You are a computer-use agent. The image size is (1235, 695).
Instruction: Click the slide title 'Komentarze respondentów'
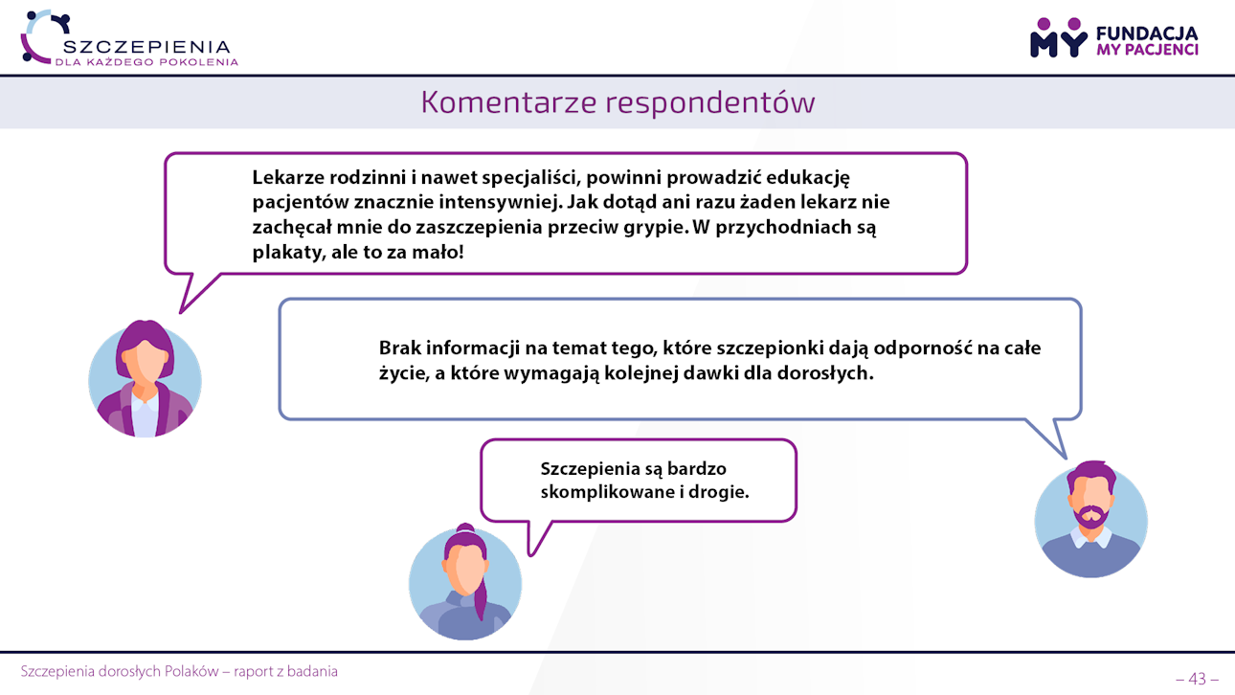coord(617,102)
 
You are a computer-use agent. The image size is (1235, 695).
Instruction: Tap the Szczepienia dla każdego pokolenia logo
coord(129,38)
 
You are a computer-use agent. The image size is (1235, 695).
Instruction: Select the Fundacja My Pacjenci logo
coord(1114,37)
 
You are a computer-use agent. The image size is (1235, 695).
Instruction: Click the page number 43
coord(1197,679)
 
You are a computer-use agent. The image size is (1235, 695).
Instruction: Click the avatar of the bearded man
coord(1091,519)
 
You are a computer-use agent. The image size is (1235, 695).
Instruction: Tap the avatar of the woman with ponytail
coord(465,582)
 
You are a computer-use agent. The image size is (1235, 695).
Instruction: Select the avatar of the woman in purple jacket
coord(145,379)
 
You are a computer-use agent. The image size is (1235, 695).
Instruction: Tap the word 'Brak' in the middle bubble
coord(400,347)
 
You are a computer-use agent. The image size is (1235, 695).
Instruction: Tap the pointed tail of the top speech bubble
coord(181,312)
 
